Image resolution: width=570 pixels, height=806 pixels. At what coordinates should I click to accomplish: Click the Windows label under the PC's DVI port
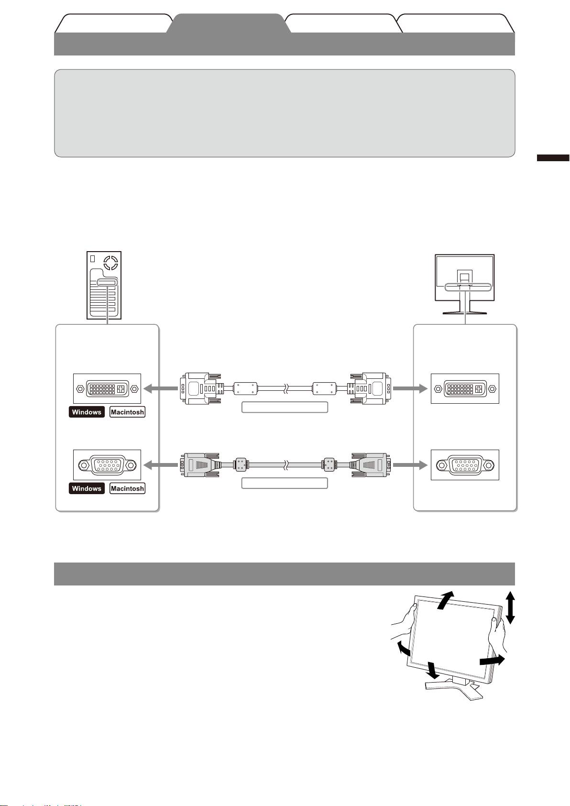pos(87,412)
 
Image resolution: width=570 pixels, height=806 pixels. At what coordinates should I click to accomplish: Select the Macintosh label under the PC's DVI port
pos(127,412)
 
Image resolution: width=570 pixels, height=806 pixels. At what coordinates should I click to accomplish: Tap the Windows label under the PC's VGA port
pos(87,488)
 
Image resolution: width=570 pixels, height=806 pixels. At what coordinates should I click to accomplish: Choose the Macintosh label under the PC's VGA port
pos(127,488)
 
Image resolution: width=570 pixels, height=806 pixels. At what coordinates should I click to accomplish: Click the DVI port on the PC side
pos(107,388)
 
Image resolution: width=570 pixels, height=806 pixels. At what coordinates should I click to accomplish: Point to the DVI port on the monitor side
pos(465,388)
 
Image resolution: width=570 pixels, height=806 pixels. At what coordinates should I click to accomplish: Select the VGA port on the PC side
pos(107,464)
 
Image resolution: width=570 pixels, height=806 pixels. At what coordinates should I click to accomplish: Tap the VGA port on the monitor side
pos(465,464)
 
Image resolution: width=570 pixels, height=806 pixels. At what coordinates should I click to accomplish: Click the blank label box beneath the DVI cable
pos(285,407)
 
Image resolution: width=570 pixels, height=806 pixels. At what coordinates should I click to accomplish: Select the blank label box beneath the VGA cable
pos(285,483)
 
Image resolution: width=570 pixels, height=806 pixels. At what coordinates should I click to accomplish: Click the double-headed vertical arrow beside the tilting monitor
pos(510,607)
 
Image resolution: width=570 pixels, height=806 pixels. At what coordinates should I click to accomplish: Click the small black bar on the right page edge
pos(553,158)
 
